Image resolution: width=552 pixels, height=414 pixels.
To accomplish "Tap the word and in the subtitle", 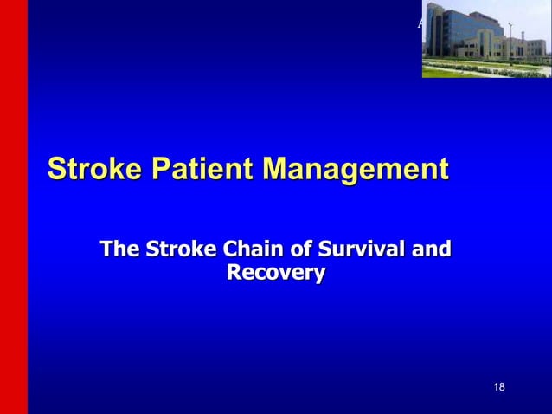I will click(x=431, y=251).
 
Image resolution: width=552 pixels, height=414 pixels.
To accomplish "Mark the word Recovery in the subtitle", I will click(x=275, y=275).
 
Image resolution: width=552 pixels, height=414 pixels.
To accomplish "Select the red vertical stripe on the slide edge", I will click(x=13, y=207).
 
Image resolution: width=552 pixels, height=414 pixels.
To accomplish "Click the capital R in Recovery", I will click(x=233, y=275).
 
